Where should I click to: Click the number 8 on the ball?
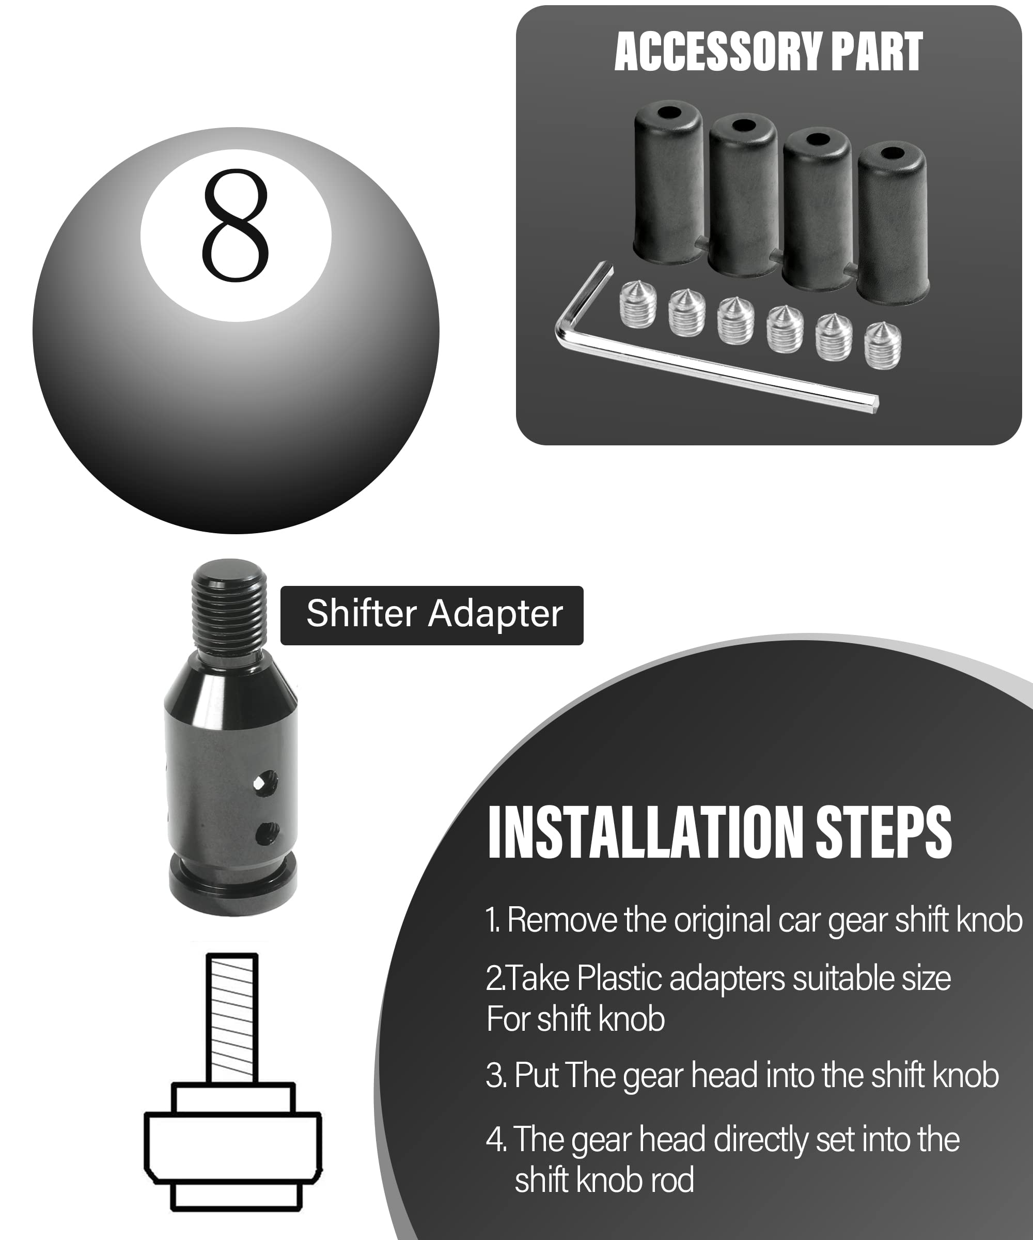tap(236, 225)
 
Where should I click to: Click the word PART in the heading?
tap(876, 53)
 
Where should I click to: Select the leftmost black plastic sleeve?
tap(668, 183)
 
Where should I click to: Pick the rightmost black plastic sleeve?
tap(892, 224)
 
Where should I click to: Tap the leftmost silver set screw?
tap(638, 305)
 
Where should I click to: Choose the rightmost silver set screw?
tap(883, 347)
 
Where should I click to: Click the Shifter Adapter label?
tap(434, 614)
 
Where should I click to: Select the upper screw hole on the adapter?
tap(265, 783)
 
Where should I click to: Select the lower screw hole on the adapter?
tap(267, 833)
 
